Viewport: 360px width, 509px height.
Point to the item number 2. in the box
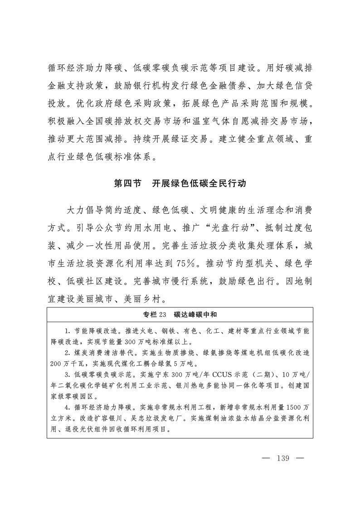[x=67, y=353]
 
